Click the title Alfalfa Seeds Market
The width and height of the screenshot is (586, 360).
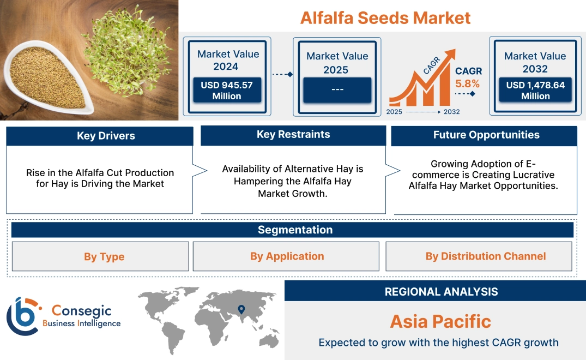click(385, 18)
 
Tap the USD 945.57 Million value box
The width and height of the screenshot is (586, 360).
click(227, 90)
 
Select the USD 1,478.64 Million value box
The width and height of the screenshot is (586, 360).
click(535, 90)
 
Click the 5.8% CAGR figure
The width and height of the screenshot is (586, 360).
click(467, 83)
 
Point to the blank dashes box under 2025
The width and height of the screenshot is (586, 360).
click(337, 89)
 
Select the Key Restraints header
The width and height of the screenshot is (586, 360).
click(293, 135)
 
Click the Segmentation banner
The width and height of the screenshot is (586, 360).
click(292, 230)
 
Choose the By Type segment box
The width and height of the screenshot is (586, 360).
click(100, 256)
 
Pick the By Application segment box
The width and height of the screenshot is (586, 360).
click(286, 256)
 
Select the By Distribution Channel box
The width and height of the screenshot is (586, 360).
click(479, 256)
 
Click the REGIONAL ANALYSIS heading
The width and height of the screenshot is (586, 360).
click(442, 292)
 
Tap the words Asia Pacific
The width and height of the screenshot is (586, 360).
click(440, 321)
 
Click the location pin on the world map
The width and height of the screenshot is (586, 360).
click(241, 309)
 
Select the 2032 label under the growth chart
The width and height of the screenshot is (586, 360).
click(451, 112)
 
